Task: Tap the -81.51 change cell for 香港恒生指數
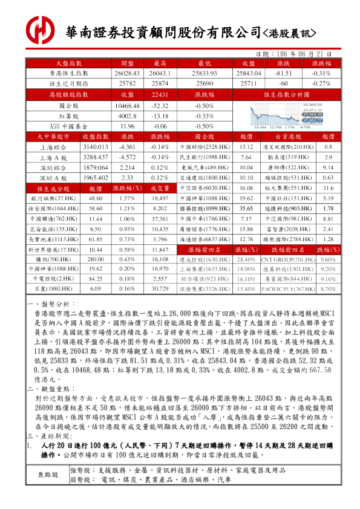tap(284, 73)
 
